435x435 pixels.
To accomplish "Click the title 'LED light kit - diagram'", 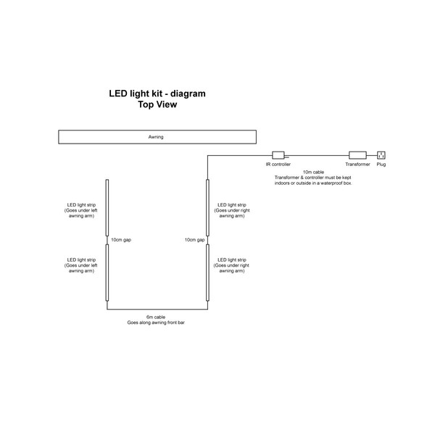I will [157, 94].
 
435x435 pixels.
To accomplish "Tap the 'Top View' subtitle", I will [157, 104].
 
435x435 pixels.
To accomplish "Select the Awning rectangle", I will [156, 136].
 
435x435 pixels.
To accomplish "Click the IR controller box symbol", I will [278, 154].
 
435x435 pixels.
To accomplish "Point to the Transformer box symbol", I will [358, 154].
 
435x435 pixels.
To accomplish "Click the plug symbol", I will [381, 154].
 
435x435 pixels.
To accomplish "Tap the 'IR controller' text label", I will [278, 165].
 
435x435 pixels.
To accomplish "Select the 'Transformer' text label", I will [358, 165].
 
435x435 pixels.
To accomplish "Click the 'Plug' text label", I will [381, 165].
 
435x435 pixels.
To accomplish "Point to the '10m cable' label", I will [313, 172].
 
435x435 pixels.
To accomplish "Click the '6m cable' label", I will [156, 317].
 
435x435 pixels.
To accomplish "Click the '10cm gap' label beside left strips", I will [121, 239].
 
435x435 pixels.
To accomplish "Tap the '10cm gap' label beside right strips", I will [194, 239].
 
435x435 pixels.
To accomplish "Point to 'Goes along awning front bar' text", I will [156, 322].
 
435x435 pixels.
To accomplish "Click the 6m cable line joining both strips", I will [157, 310].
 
